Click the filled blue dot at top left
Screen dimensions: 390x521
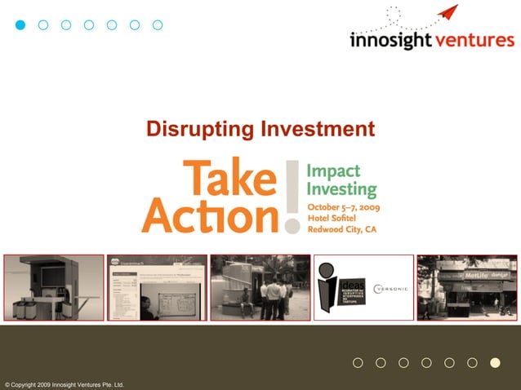[21, 24]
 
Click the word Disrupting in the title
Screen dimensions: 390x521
[198, 129]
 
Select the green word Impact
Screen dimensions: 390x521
[332, 171]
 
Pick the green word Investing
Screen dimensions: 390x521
[341, 190]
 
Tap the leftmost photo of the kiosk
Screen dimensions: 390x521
[53, 287]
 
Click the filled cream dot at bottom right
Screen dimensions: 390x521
[494, 363]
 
